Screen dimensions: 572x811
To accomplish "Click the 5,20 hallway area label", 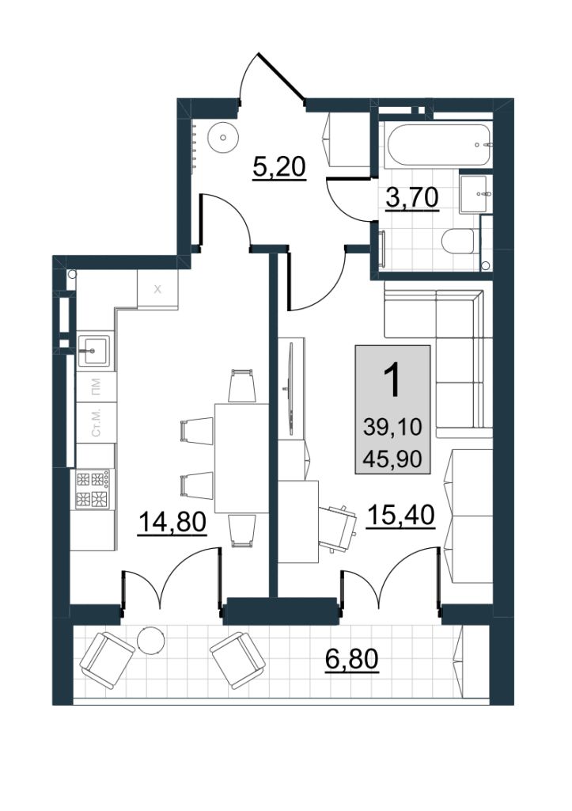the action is pos(279,167).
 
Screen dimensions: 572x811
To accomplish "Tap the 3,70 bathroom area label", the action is pos(412,197).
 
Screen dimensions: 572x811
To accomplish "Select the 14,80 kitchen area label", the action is pos(172,522).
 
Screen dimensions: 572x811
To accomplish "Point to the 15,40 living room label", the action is pos(400,515).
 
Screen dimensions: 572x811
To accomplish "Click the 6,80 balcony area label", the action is pos(352,659).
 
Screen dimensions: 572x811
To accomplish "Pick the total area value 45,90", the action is pos(392,459).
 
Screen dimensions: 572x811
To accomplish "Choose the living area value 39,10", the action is pos(392,427).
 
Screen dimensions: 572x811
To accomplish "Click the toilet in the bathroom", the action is pos(458,241).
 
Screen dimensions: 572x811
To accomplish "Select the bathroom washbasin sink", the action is pos(474,193).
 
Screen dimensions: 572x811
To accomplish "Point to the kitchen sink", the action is pos(94,350).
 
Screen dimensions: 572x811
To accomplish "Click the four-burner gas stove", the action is pos(93,488).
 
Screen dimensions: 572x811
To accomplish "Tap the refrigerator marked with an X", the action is pos(157,289).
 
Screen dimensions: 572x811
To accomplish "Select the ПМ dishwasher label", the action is pos(96,386).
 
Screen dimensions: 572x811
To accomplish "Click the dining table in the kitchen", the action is pos(242,458).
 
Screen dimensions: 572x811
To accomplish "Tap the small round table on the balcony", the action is pos(151,640).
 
